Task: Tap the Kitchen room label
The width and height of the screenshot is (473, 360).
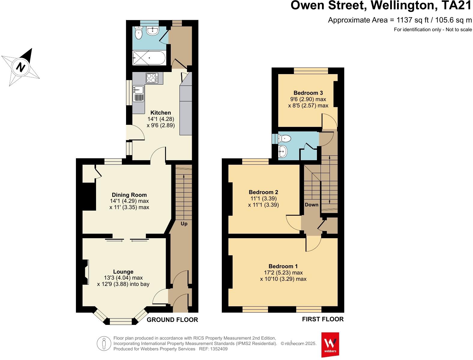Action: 161,113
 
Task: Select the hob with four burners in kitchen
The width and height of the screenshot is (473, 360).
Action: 152,78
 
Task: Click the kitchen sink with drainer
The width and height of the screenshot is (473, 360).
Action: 138,94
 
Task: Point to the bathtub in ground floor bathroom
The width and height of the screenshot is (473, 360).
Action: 149,58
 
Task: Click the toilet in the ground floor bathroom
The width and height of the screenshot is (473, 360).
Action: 138,34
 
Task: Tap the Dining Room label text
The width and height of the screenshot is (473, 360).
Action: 129,195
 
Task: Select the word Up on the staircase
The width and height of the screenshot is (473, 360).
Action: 184,223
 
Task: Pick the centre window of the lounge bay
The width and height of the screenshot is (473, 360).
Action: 121,322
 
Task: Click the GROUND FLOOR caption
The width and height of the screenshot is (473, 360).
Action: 172,320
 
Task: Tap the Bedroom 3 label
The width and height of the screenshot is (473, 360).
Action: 308,93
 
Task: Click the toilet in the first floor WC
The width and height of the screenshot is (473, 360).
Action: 285,139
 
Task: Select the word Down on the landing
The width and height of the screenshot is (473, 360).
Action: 312,205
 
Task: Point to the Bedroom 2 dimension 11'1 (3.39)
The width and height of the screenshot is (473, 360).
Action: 263,199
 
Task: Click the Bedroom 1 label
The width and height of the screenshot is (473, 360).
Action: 283,266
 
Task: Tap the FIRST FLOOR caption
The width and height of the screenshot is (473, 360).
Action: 323,319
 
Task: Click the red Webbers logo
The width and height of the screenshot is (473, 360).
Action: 330,344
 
